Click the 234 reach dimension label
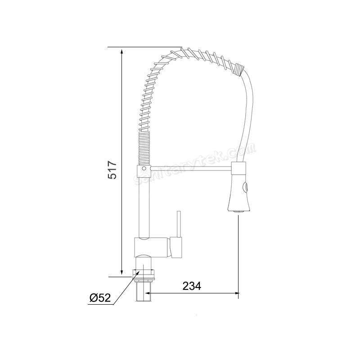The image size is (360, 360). pos(192,286)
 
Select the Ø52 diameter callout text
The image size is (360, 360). pos(100,297)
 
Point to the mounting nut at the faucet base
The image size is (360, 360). pos(144,272)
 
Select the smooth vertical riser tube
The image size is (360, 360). pos(144,207)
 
